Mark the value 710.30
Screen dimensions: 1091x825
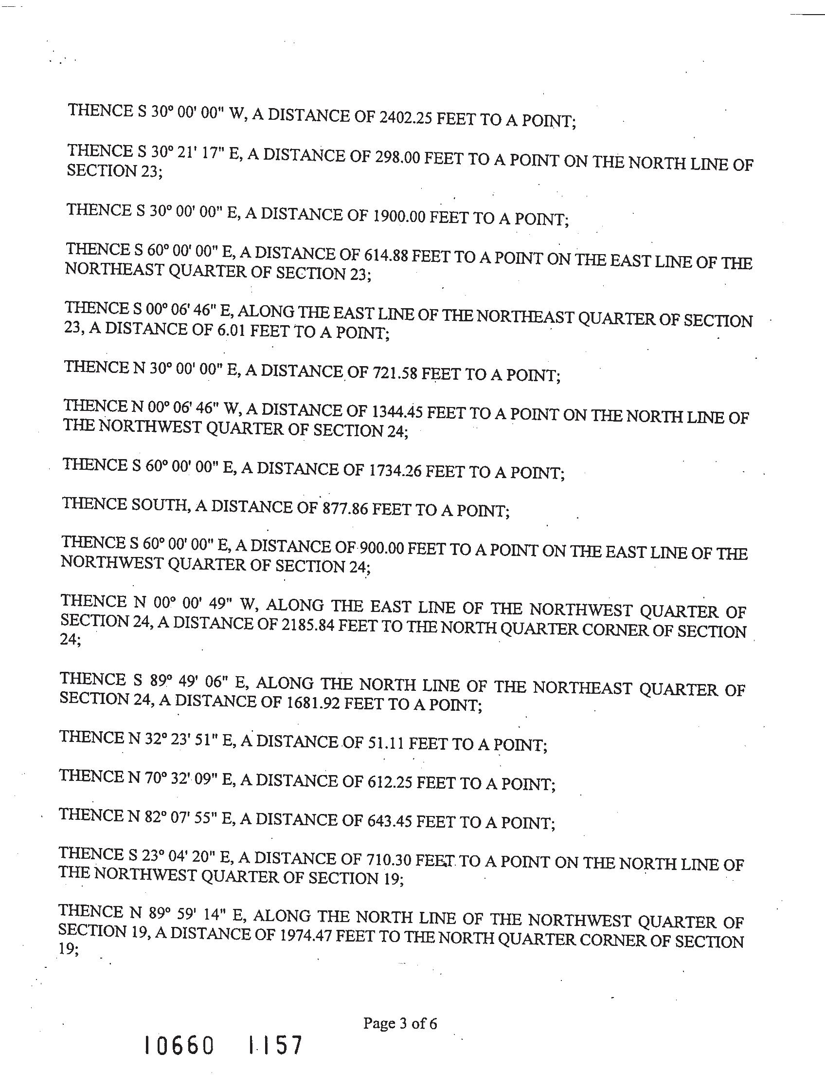[x=389, y=860]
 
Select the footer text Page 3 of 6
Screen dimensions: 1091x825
[x=400, y=1024]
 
